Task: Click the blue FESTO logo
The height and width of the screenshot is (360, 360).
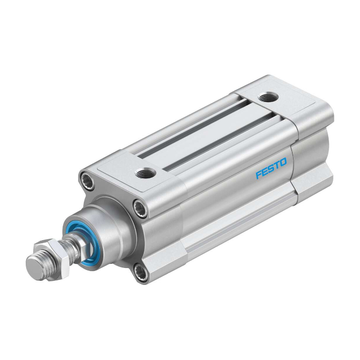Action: [272, 168]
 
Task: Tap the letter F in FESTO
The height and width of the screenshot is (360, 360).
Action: [259, 174]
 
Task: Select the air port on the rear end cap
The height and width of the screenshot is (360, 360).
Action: [268, 98]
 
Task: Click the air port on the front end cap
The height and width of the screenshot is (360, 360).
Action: [146, 173]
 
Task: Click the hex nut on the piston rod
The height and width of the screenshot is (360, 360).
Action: [51, 257]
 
